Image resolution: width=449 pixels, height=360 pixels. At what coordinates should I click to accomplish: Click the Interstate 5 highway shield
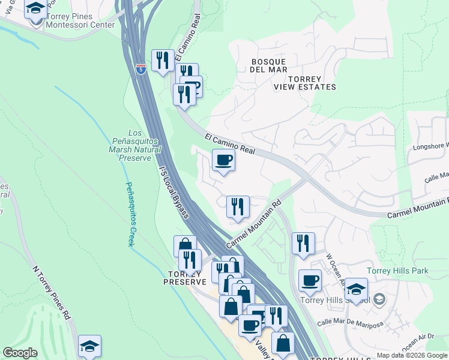(140, 70)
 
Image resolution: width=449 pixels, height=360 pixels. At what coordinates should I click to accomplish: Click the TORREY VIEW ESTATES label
(304, 83)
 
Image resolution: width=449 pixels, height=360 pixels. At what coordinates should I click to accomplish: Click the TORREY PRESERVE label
(185, 277)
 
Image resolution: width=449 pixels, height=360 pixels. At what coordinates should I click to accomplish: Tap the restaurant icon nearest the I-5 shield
(163, 59)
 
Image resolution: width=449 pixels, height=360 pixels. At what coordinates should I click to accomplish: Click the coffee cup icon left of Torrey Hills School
(310, 280)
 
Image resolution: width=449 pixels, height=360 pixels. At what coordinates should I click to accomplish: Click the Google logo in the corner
(20, 353)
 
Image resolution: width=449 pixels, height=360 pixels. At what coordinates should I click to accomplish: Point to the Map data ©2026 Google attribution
(411, 355)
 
